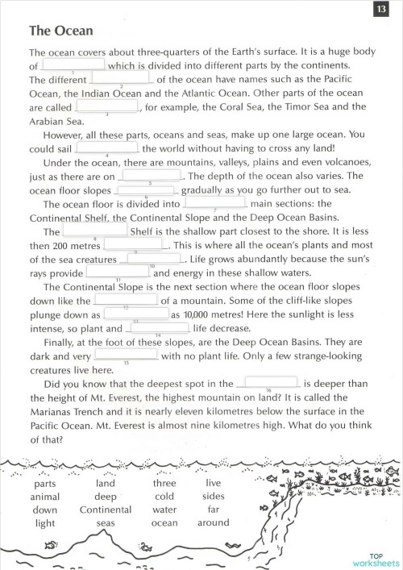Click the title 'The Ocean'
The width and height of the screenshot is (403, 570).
coord(60,31)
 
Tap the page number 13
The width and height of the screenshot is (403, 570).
coord(380,10)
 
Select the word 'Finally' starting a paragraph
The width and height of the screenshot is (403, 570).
coord(66,342)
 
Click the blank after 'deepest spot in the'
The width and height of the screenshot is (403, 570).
coord(271,384)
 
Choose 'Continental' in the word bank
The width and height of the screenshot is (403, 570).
coord(106,510)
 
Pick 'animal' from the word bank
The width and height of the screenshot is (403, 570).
coord(45,497)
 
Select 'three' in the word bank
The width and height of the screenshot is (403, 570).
coord(164,484)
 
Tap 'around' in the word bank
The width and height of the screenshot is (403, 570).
coord(214,522)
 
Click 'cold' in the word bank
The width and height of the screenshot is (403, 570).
coord(164,497)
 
